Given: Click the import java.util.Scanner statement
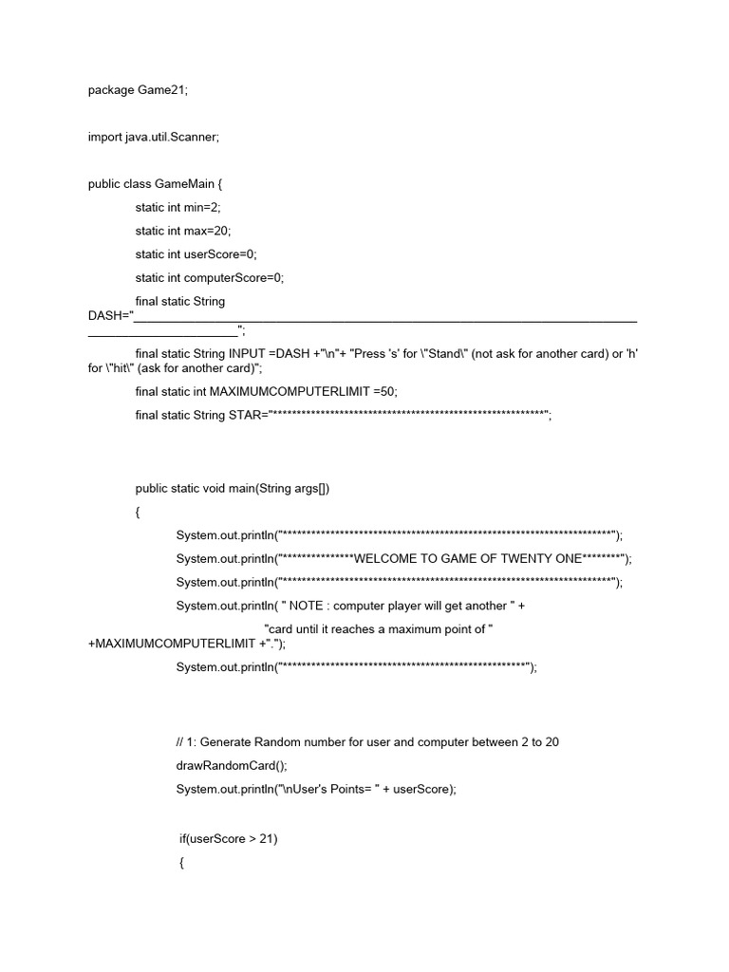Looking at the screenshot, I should pos(153,137).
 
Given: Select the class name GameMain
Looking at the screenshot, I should pos(187,184).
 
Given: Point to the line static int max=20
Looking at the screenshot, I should pos(182,231).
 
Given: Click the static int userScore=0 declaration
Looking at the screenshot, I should pos(196,254).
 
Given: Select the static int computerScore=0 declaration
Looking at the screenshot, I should pos(209,278).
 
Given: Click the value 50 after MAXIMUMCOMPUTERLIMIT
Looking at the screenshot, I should pos(388,391).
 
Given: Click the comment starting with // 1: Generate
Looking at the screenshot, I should pos(362,741).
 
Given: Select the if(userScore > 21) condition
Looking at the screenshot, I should pos(228,839).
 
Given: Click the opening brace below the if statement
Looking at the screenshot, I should pos(181,863).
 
